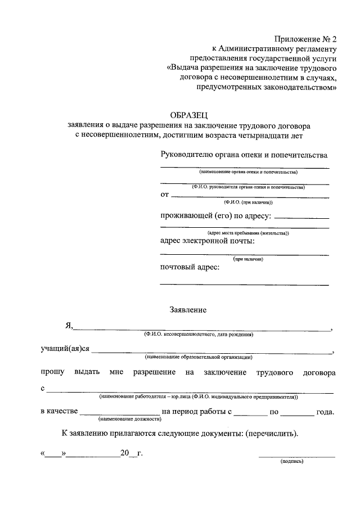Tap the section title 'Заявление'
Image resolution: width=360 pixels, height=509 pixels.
pyautogui.click(x=188, y=309)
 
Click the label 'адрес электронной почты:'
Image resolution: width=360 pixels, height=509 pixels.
pyautogui.click(x=208, y=241)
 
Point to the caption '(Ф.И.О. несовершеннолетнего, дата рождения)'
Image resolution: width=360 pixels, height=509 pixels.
pyautogui.click(x=199, y=335)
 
